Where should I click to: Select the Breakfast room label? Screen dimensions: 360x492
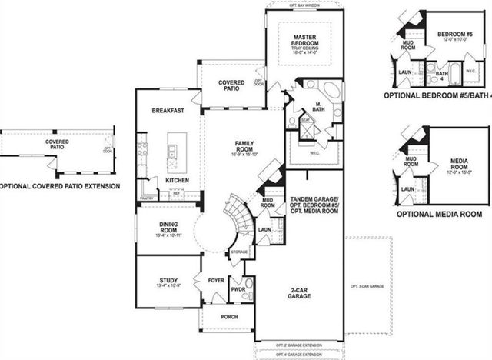click(x=167, y=111)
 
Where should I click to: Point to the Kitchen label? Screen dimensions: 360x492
click(x=177, y=179)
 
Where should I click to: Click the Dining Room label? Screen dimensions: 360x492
click(x=168, y=228)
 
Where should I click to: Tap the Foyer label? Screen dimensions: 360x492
click(x=216, y=280)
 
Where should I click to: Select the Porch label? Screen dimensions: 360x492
click(x=228, y=318)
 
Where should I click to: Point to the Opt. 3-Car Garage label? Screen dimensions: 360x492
click(x=367, y=285)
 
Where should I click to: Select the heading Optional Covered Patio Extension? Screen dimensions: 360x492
click(x=60, y=186)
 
